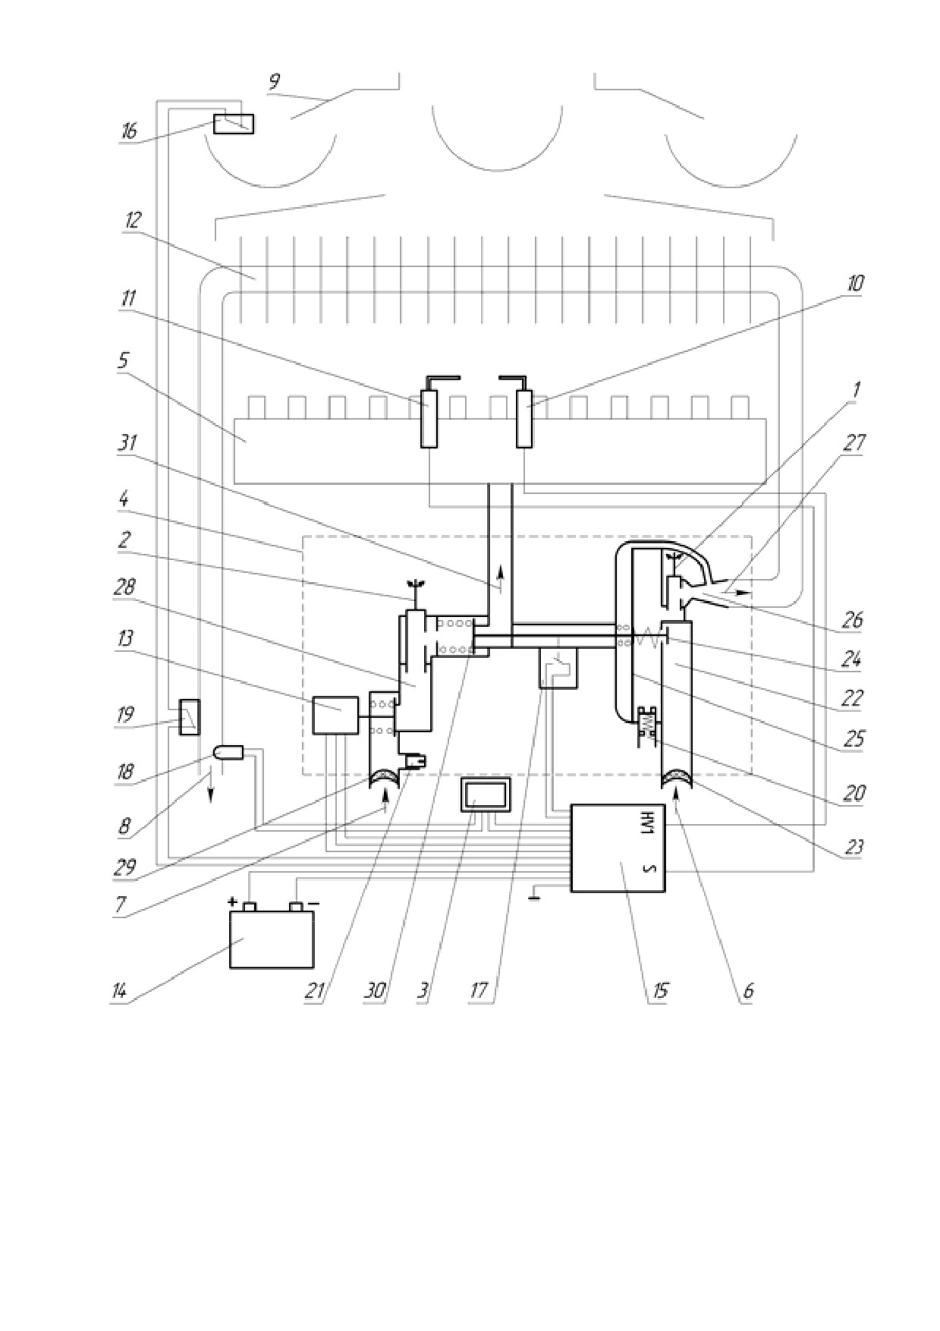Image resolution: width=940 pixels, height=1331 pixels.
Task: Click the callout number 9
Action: [274, 82]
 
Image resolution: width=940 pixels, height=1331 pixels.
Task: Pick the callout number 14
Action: [120, 992]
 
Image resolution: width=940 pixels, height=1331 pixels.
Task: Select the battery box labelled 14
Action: [272, 939]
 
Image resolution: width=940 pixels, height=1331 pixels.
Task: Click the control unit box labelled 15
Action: [618, 848]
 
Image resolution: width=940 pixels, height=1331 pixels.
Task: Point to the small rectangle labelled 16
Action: [234, 123]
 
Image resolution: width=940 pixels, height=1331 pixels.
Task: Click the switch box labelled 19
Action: [189, 717]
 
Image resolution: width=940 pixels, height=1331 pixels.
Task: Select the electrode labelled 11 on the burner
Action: [429, 420]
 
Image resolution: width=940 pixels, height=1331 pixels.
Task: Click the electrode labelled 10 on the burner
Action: [524, 420]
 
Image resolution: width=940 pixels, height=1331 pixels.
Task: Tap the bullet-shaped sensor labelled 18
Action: [228, 754]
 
